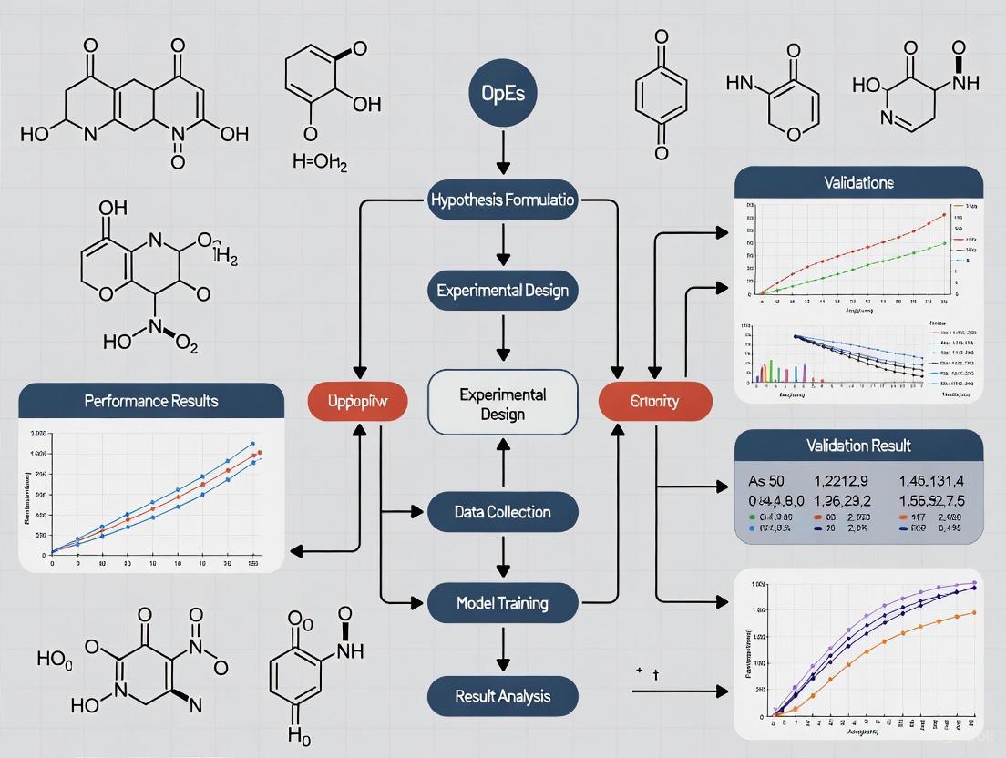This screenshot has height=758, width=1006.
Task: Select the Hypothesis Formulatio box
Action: (x=503, y=200)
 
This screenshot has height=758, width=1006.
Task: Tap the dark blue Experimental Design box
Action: (x=503, y=291)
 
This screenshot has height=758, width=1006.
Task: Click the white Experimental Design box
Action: (x=503, y=404)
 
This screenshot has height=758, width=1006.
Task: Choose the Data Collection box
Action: (x=503, y=512)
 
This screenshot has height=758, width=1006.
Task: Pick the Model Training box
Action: (x=503, y=602)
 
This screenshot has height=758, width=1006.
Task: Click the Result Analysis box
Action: (x=503, y=696)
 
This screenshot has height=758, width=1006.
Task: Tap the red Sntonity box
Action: (x=654, y=401)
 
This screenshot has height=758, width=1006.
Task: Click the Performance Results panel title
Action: (x=151, y=401)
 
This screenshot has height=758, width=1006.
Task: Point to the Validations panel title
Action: (x=858, y=182)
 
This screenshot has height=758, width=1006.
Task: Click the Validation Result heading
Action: (x=858, y=446)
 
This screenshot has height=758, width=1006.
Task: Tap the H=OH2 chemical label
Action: (x=320, y=163)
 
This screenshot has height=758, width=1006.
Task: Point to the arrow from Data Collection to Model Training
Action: (x=503, y=556)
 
